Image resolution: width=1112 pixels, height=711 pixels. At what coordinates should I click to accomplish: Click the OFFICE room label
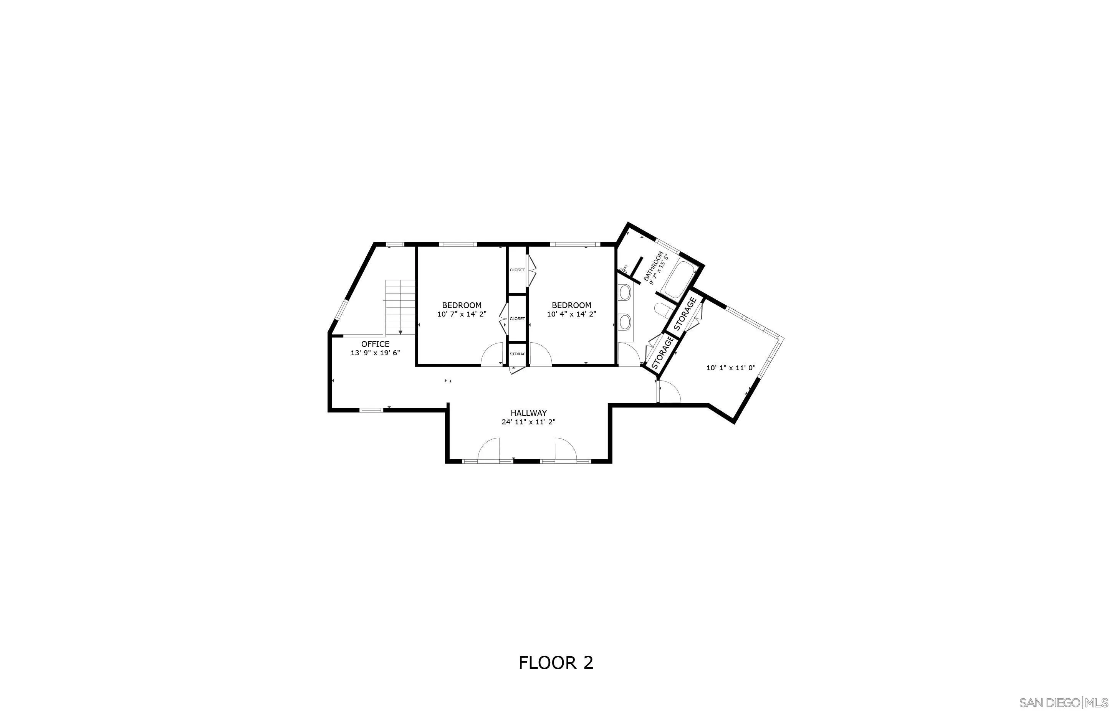[375, 344]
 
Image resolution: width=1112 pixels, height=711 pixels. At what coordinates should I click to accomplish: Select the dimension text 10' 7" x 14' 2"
[462, 314]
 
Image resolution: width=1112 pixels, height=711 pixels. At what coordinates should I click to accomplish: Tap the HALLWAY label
[528, 413]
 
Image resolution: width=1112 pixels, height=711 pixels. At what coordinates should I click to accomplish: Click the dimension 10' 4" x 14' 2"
[571, 314]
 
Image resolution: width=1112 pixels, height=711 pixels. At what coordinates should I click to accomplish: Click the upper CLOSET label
[517, 270]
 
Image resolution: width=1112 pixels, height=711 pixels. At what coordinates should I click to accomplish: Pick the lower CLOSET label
[517, 319]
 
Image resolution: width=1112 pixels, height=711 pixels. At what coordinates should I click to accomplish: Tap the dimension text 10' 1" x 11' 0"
[730, 368]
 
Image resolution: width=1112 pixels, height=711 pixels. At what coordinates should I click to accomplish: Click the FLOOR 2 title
[556, 663]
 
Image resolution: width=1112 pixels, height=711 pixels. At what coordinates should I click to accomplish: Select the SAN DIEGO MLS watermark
[1062, 702]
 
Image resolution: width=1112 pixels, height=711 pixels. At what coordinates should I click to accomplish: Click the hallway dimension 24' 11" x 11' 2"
[528, 422]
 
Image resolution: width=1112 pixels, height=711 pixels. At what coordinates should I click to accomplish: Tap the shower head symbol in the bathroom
[625, 268]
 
